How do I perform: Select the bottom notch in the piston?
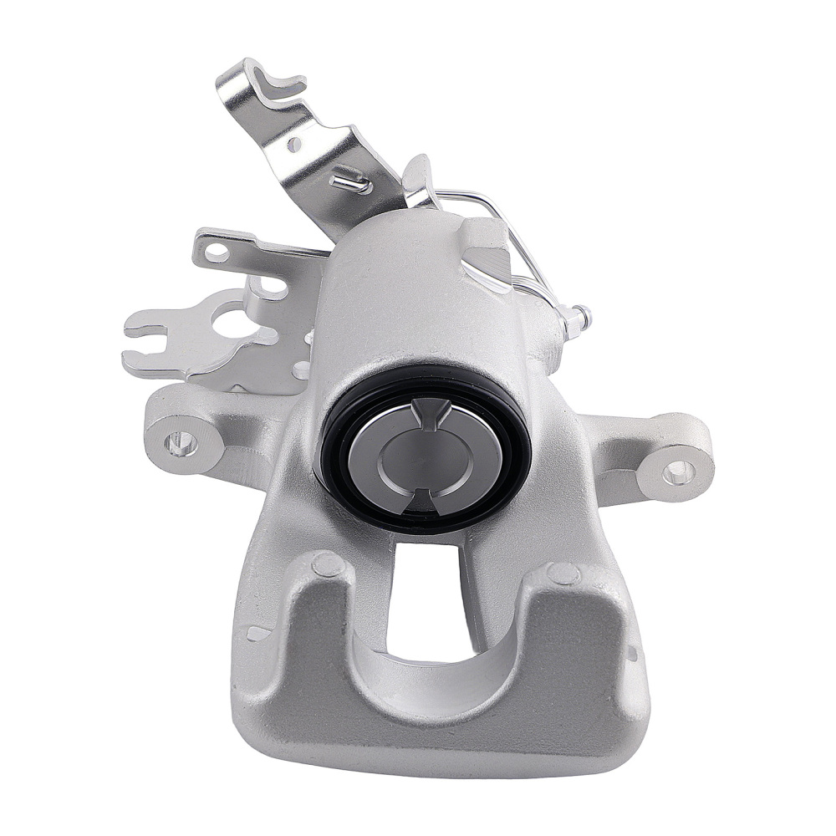pos(426,501)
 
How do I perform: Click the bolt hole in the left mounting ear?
pos(178,442)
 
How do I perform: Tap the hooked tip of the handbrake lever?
pos(288,79)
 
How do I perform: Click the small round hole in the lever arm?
pos(293,144)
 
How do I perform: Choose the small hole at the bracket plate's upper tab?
pos(217,250)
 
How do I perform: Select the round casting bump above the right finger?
pos(565,573)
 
